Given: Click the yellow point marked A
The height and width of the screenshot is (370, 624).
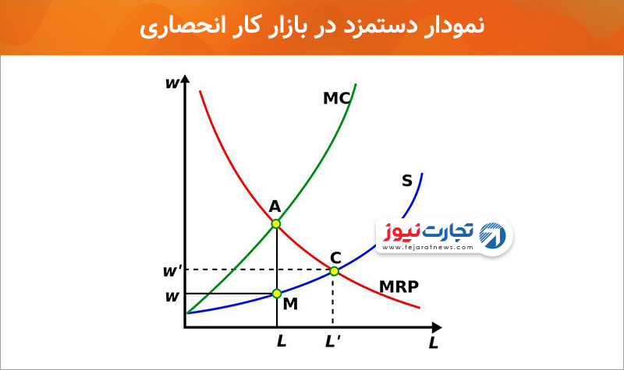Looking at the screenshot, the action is [x=276, y=224].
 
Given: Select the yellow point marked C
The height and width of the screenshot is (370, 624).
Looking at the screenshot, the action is [x=335, y=271].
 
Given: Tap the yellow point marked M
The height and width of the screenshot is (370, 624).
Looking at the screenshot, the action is [x=277, y=294].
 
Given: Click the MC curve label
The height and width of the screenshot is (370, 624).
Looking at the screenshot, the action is [x=337, y=98].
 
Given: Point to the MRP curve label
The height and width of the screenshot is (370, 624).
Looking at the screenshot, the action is [x=399, y=287].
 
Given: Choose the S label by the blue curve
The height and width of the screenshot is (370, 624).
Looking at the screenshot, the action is [x=406, y=181].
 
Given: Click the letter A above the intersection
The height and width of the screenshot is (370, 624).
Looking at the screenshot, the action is [x=275, y=206].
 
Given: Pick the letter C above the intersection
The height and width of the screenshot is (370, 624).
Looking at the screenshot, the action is [x=335, y=258].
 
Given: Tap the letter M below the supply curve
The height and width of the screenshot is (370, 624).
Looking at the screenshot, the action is [x=290, y=304].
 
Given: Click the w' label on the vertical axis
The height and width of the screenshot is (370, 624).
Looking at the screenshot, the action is [x=172, y=271].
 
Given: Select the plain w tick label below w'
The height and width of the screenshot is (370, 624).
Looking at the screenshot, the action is [x=172, y=297].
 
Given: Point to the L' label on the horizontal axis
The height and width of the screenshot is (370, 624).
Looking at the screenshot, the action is [x=333, y=341].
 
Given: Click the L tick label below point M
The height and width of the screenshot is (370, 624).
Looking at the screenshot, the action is [x=282, y=341].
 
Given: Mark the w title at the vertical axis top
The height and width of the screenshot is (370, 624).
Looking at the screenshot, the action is [x=172, y=83].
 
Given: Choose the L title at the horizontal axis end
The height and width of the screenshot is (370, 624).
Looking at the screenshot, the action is [x=434, y=343].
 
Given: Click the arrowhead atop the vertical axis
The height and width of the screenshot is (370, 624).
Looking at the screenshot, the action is [x=185, y=79].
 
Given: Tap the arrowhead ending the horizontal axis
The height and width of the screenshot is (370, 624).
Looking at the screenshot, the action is [x=437, y=328].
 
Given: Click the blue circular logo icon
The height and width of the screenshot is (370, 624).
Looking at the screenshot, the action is [x=493, y=236].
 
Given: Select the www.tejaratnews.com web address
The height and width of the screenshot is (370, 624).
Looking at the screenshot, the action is [x=427, y=247].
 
